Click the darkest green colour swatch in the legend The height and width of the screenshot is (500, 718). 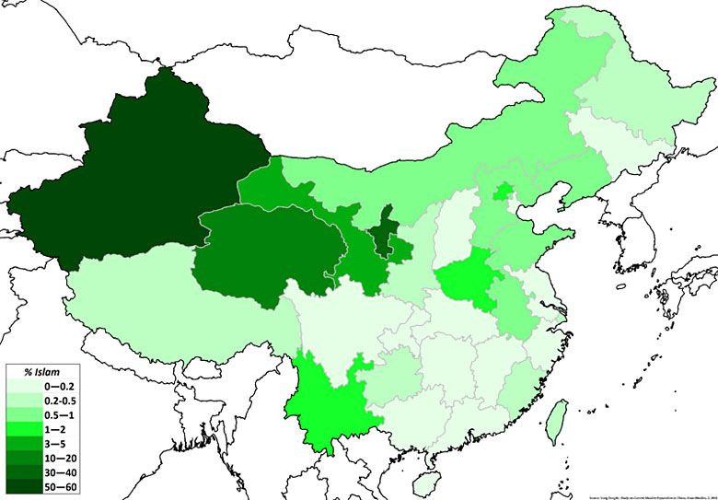point(19,487)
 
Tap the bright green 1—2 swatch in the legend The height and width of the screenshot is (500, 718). point(19,431)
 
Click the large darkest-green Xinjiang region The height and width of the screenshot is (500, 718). point(138,184)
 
